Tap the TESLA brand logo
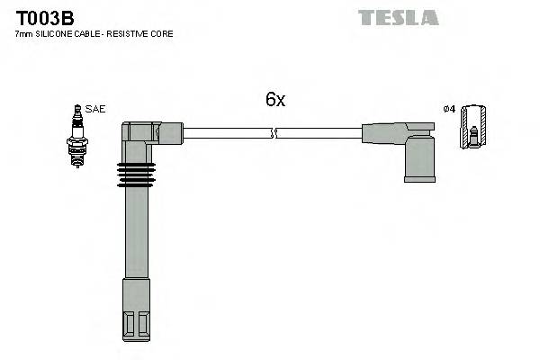398,17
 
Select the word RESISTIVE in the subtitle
134,33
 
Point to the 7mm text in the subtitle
24,33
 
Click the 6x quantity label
275,100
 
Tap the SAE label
96,109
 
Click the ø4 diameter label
448,109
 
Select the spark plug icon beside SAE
77,134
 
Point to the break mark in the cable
274,134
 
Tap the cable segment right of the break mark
319,134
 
